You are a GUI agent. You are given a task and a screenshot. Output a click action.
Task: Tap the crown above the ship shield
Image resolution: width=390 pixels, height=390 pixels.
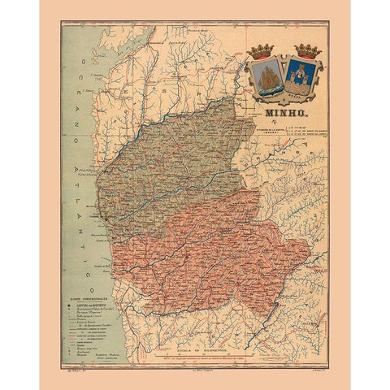tap(263, 51)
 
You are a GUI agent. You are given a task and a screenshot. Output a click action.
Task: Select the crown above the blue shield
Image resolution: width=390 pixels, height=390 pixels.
tap(307, 51)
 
